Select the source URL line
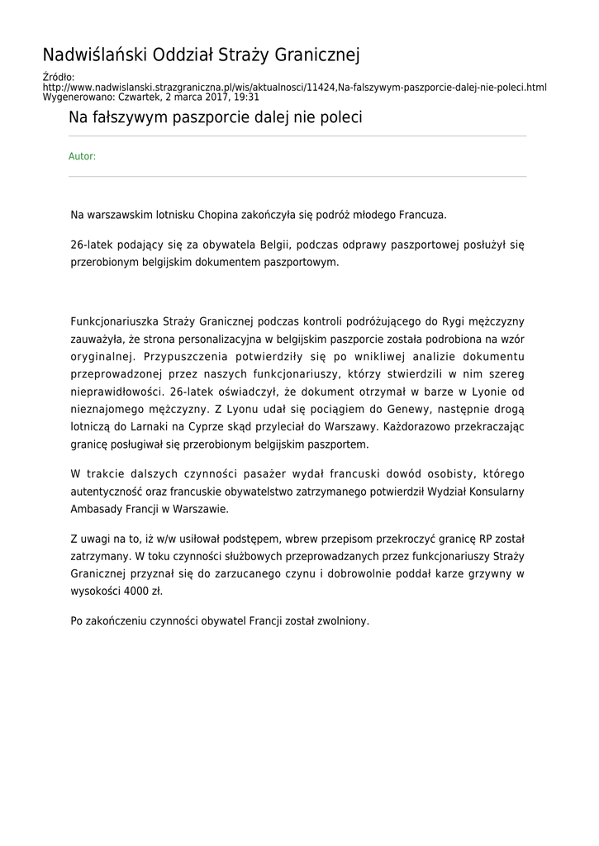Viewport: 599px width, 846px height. tap(294, 87)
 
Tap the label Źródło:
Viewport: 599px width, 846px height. tap(58, 77)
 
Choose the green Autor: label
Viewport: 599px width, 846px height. tap(82, 156)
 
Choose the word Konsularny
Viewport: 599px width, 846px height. tap(488, 492)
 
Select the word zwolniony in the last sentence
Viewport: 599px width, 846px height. tap(342, 620)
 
